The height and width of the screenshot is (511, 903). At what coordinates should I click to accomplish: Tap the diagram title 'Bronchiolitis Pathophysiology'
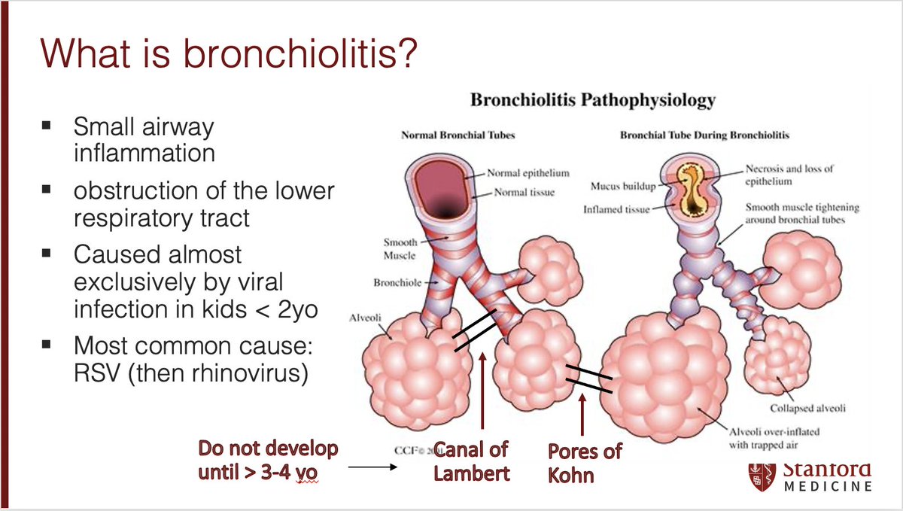click(593, 99)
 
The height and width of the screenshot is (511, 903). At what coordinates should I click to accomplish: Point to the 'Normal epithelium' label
click(528, 173)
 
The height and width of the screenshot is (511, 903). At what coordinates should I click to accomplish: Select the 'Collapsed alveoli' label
click(807, 409)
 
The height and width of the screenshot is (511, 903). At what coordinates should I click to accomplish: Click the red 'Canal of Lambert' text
click(470, 461)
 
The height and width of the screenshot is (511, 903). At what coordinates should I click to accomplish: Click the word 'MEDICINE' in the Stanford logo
click(828, 486)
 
